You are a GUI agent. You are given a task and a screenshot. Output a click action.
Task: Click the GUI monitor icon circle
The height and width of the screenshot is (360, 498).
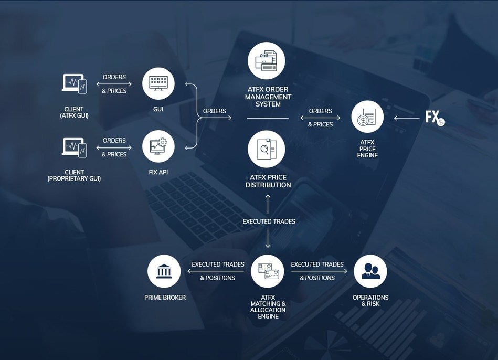(x=158, y=83)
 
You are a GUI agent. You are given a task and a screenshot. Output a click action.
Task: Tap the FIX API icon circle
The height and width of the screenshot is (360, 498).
(x=158, y=146)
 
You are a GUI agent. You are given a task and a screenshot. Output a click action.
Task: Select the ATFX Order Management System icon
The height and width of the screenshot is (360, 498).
(x=267, y=61)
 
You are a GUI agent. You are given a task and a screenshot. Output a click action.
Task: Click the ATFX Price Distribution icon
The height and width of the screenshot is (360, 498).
(x=267, y=149)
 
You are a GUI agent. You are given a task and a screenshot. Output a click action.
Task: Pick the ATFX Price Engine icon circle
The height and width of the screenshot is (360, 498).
(x=367, y=117)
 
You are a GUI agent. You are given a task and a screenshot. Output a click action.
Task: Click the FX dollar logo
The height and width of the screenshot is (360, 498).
(x=435, y=118)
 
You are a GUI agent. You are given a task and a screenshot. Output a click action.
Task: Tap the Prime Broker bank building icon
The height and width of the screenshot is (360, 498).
(x=164, y=271)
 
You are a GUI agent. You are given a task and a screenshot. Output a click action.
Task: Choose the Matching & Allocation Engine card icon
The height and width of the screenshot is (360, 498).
(x=268, y=271)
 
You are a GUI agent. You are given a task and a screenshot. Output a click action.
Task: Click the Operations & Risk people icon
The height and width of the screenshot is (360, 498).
(x=370, y=271)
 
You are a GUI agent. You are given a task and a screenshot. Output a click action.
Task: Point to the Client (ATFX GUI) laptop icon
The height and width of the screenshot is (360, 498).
(x=75, y=83)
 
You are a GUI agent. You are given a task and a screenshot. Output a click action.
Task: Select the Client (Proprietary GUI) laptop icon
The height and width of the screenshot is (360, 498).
(x=75, y=147)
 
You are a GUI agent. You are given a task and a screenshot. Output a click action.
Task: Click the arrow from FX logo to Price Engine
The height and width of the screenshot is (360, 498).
(x=407, y=118)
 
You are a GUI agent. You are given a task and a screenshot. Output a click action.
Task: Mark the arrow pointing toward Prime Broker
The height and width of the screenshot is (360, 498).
(x=216, y=271)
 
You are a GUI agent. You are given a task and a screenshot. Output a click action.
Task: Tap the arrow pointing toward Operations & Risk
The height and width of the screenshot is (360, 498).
(x=319, y=271)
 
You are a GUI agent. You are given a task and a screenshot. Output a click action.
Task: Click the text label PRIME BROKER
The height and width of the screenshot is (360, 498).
(x=165, y=298)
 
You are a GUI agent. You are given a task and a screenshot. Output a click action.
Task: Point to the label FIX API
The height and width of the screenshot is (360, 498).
(x=158, y=172)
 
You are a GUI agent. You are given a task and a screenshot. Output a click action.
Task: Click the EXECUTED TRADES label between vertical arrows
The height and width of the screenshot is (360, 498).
(x=269, y=221)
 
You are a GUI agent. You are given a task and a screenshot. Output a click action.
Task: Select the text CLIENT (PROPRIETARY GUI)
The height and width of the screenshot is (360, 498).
(x=74, y=175)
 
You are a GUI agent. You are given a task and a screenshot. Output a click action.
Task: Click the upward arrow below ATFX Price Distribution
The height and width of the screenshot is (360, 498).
(x=268, y=204)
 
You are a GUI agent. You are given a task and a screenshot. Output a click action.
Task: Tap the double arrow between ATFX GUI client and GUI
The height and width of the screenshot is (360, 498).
(x=114, y=84)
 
